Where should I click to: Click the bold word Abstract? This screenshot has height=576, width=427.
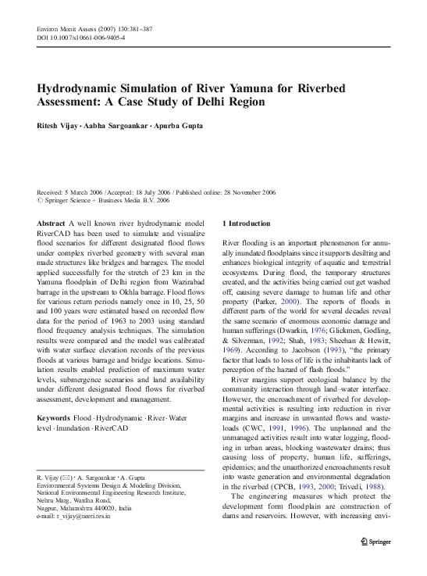[x=52, y=224]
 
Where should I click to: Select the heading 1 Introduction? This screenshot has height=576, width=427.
[x=247, y=224]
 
